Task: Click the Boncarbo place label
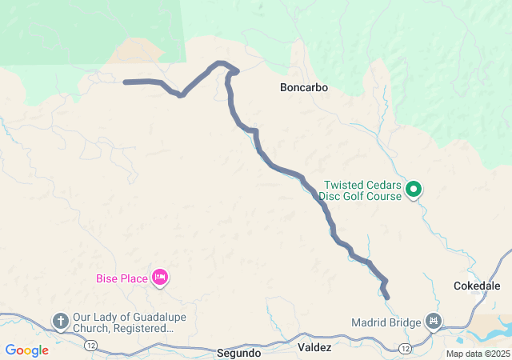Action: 303,86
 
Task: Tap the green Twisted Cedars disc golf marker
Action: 414,190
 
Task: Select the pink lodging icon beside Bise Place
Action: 159,278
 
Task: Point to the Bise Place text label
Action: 122,278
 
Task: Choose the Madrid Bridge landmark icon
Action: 433,322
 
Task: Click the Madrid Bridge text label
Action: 386,322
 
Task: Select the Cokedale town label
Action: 476,286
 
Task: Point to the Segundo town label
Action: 238,352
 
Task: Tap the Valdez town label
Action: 314,348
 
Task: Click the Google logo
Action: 27,350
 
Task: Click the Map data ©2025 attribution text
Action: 478,354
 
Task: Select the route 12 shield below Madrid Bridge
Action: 406,349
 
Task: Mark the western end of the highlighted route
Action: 126,82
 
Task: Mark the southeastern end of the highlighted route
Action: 387,297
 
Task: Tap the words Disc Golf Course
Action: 359,195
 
